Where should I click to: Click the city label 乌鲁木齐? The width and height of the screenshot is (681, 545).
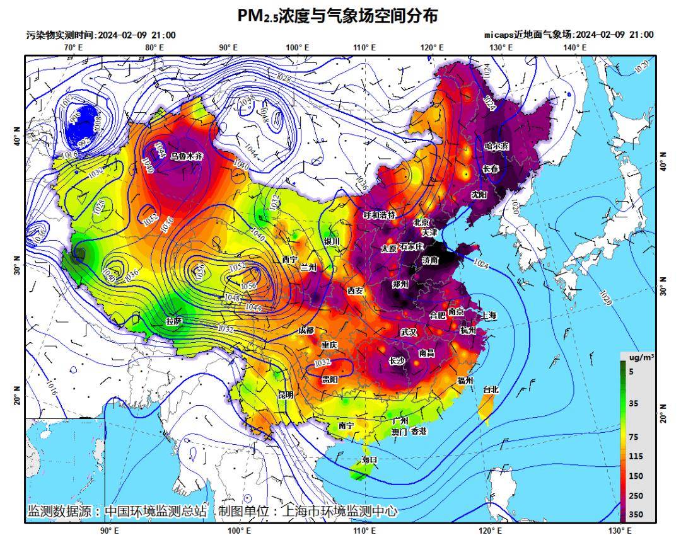point(187,155)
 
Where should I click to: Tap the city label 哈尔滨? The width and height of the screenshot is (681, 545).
point(496,146)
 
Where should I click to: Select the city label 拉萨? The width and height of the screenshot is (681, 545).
point(174,321)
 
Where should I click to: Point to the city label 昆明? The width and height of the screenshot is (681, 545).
point(286,395)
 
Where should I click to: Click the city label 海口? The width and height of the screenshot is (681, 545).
point(370,460)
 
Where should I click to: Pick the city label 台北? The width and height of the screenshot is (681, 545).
point(491,390)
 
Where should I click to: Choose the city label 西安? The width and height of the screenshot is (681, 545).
point(355,290)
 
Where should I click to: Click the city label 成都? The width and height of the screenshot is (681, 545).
point(306,330)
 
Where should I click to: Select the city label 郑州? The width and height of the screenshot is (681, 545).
point(400,284)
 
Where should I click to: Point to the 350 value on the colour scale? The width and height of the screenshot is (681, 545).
point(636,515)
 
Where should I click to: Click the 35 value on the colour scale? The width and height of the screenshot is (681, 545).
point(634,403)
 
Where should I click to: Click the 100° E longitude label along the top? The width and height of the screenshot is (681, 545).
point(297,47)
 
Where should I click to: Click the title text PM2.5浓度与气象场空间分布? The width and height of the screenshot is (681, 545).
point(337,16)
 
